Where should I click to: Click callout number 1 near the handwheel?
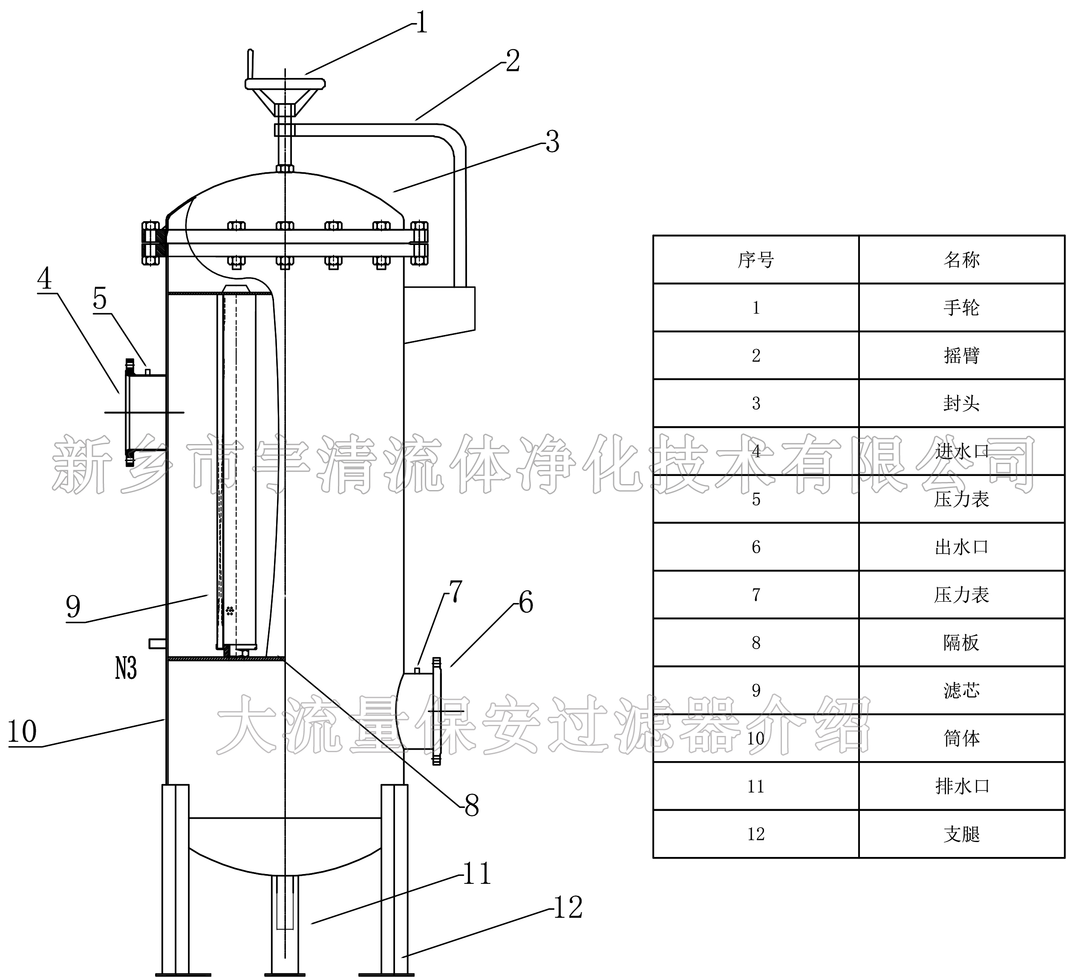coord(421,24)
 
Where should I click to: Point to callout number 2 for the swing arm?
coord(512,61)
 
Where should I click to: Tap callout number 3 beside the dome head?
coord(552,142)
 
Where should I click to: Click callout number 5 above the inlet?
coord(100,299)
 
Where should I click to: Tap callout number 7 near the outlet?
coord(455,591)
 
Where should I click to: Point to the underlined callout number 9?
coord(74,606)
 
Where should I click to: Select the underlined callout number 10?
coord(22,732)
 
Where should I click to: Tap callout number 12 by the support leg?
coord(567,907)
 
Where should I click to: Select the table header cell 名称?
coord(961,260)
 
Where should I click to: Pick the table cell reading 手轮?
coord(961,308)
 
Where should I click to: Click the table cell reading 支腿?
coord(961,834)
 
